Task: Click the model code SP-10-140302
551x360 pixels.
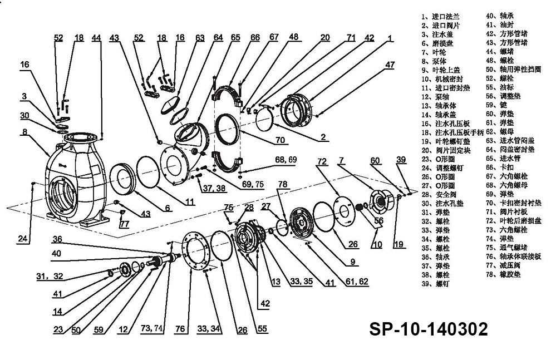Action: [x=429, y=329]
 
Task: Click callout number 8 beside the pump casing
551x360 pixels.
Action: [x=25, y=132]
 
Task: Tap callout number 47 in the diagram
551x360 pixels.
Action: [x=389, y=65]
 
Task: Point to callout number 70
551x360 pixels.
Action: [x=280, y=140]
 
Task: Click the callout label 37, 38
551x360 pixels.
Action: [x=215, y=188]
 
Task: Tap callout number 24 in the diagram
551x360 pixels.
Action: [x=22, y=239]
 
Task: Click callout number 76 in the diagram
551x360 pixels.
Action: [x=180, y=329]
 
